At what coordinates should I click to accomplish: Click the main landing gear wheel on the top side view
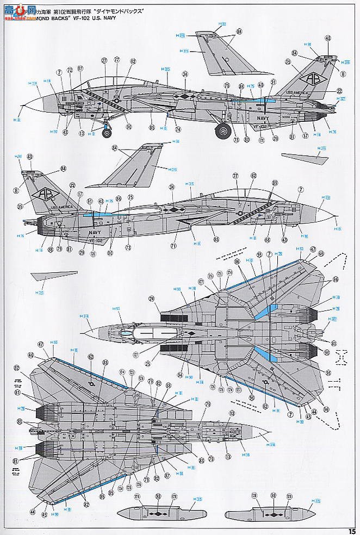223,131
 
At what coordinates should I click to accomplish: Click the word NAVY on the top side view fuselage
257,116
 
